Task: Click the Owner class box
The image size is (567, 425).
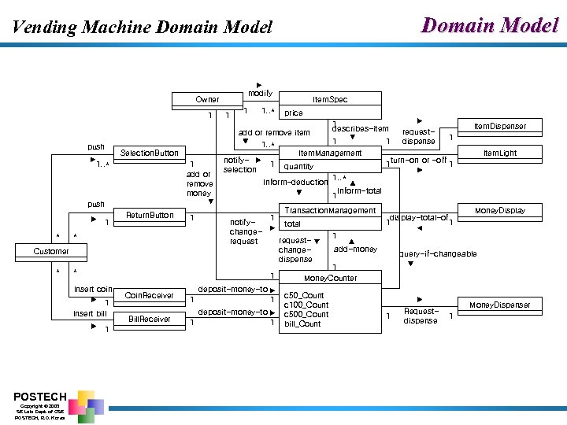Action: pyautogui.click(x=207, y=99)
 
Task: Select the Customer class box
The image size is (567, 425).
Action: pyautogui.click(x=50, y=251)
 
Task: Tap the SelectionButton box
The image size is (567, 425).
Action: pyautogui.click(x=149, y=153)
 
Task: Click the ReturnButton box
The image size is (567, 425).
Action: pyautogui.click(x=150, y=215)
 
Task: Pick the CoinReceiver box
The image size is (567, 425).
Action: pyautogui.click(x=150, y=295)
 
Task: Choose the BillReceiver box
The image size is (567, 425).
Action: pyautogui.click(x=150, y=319)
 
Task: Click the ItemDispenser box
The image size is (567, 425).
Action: pyautogui.click(x=500, y=126)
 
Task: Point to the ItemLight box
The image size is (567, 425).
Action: pyautogui.click(x=500, y=153)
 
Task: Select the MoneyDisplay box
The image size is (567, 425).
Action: pyautogui.click(x=500, y=210)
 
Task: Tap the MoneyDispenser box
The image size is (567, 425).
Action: pyautogui.click(x=500, y=305)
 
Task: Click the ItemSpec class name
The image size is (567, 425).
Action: pyautogui.click(x=330, y=99)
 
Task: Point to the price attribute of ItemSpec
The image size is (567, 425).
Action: pyautogui.click(x=294, y=113)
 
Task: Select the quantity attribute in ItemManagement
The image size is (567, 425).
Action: pyautogui.click(x=298, y=166)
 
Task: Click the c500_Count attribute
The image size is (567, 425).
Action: pyautogui.click(x=306, y=314)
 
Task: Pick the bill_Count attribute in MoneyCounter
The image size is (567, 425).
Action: pyautogui.click(x=302, y=323)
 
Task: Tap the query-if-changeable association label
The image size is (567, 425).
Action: pyautogui.click(x=437, y=253)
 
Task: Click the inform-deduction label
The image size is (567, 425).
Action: pyautogui.click(x=295, y=182)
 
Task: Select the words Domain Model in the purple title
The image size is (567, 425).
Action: pyautogui.click(x=491, y=25)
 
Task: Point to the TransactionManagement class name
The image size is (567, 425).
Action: pyautogui.click(x=330, y=210)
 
